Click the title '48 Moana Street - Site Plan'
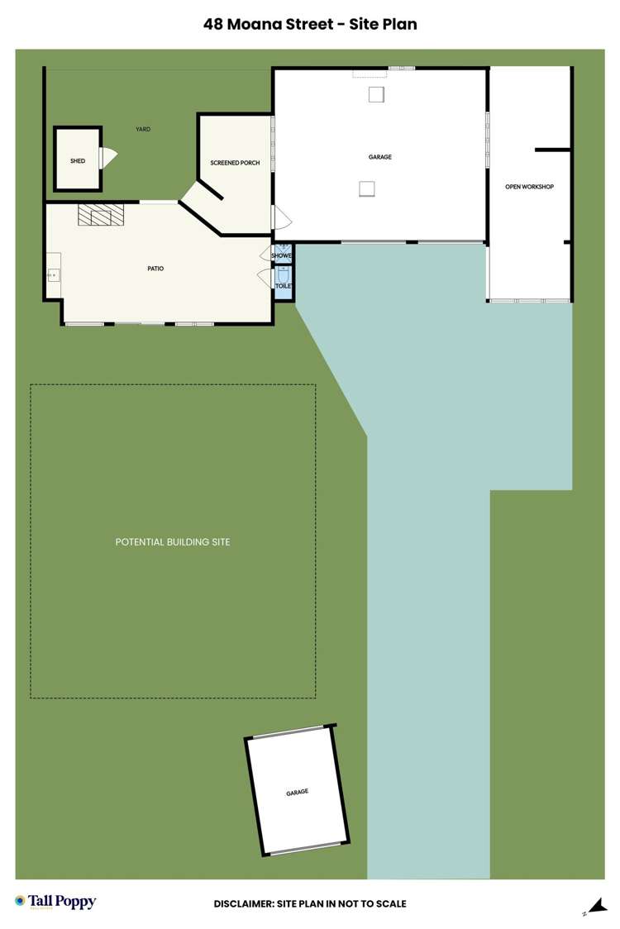click(x=310, y=25)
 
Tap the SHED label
click(x=78, y=161)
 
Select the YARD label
click(x=143, y=129)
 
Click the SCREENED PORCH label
click(x=235, y=163)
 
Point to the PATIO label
click(x=155, y=269)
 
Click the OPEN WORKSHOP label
click(x=529, y=187)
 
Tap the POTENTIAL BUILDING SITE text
click(x=173, y=542)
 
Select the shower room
click(x=283, y=255)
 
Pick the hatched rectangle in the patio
click(x=100, y=215)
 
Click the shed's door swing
click(x=108, y=157)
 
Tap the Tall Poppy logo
click(x=55, y=902)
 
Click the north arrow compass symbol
click(x=594, y=907)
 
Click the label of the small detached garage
click(x=297, y=792)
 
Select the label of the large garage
click(x=379, y=157)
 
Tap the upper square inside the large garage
click(x=377, y=93)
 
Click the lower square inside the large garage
click(x=367, y=189)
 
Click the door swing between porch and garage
click(x=281, y=218)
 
